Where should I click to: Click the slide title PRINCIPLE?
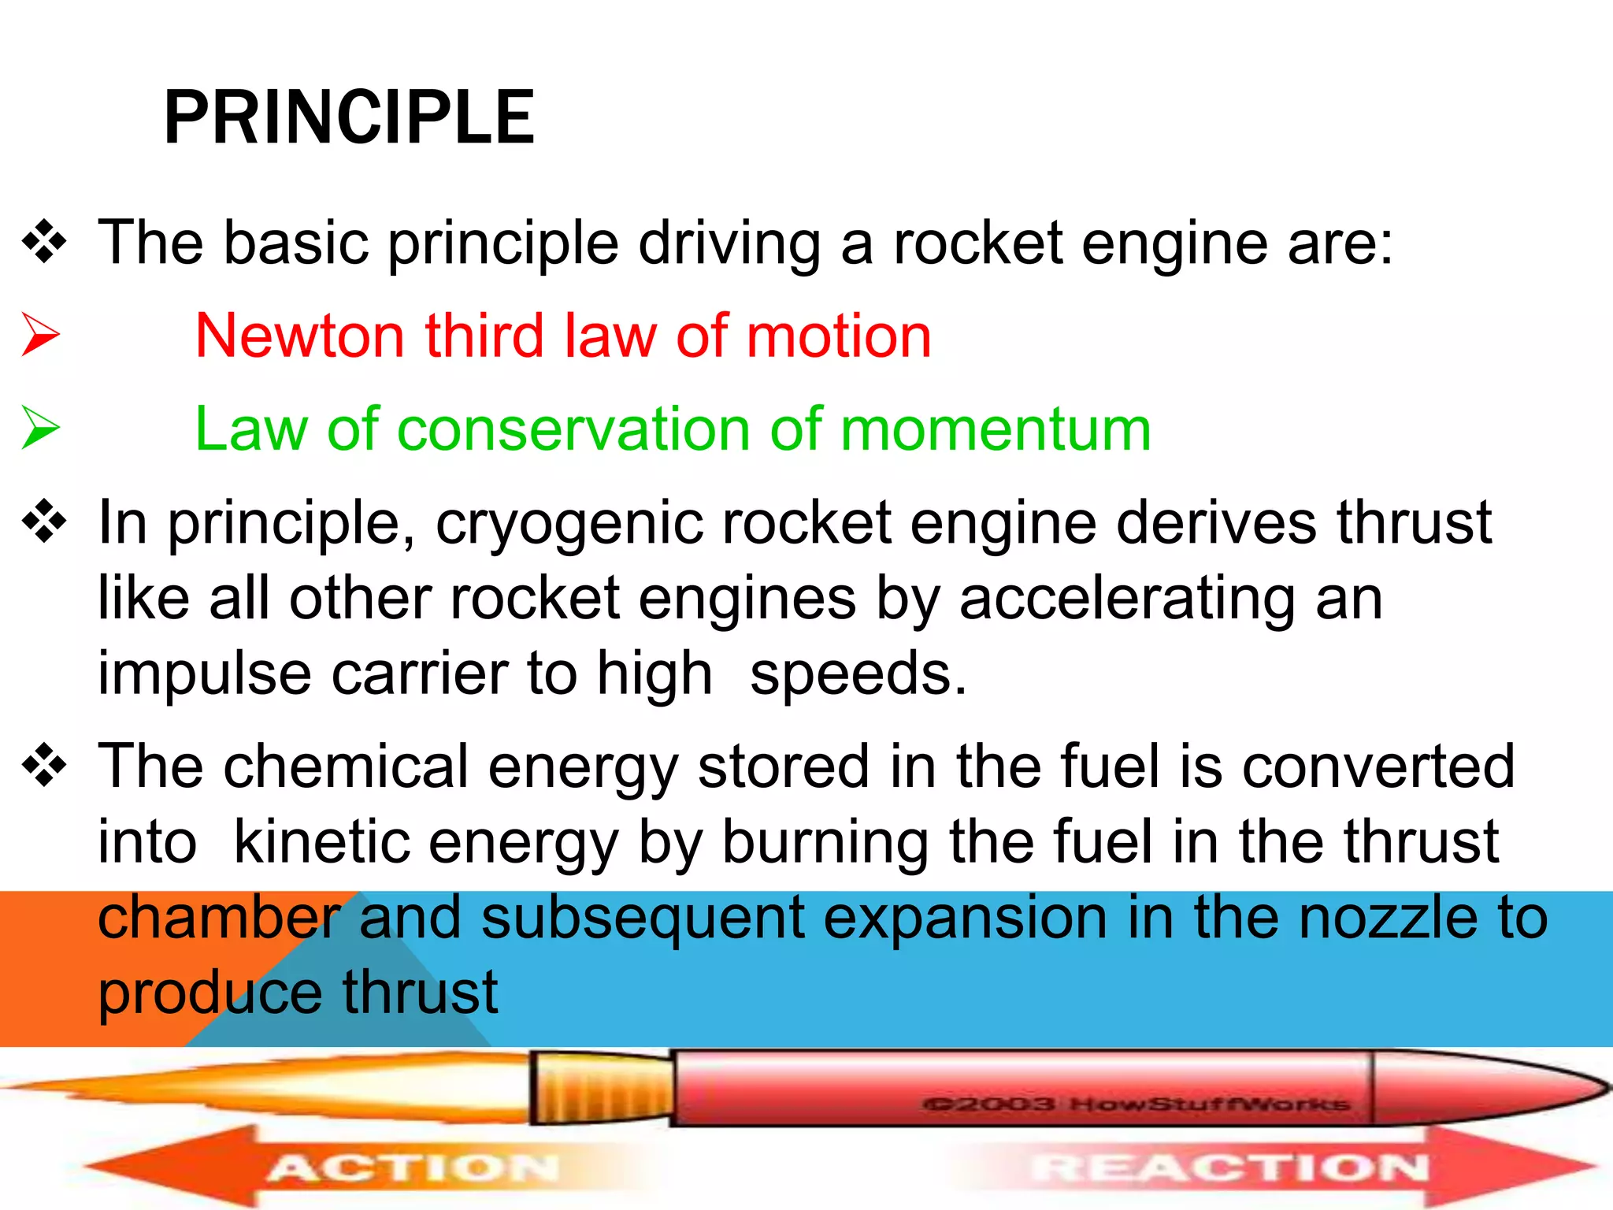349,118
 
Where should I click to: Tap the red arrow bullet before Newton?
40,335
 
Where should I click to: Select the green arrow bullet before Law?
40,428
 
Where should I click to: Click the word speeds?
858,674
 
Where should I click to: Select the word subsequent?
643,919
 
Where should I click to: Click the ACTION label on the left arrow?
413,1167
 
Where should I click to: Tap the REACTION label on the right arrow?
1231,1167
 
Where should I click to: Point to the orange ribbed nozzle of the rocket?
603,1088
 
